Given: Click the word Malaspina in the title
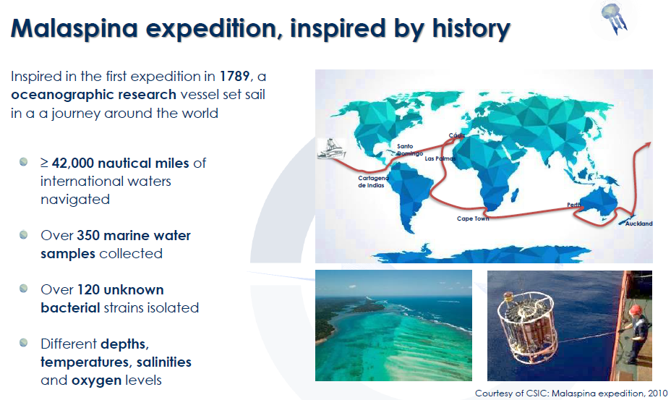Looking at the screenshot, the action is (74, 28).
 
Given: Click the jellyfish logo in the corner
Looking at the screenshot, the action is (614, 18).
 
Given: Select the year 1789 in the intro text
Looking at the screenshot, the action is (234, 76).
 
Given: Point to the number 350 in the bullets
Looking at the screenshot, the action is (87, 235).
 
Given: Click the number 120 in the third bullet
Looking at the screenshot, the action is (89, 289).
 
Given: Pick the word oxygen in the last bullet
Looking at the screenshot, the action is (96, 380).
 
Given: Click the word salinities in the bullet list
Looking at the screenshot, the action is (164, 362).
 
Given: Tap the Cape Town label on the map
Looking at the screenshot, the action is (472, 218).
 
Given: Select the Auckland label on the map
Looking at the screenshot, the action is (639, 224).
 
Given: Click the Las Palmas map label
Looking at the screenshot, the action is (440, 158).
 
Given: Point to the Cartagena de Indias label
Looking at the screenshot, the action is (373, 182).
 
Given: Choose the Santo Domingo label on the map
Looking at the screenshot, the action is (409, 150).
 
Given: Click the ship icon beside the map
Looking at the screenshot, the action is (330, 149).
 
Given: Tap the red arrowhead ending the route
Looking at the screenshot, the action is (647, 145).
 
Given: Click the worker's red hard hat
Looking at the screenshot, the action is (634, 310).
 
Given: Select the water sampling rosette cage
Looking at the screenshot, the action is (527, 327).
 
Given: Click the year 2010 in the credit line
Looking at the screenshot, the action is (657, 393).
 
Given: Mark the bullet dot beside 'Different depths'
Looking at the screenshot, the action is (24, 343).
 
